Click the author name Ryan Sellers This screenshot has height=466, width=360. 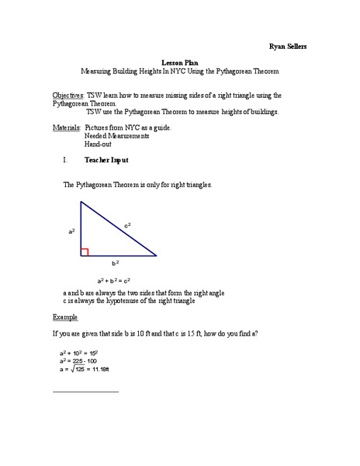pos(287,46)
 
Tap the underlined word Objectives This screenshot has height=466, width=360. pos(67,95)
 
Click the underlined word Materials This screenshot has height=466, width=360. pos(67,127)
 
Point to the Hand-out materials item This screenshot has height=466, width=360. pos(99,144)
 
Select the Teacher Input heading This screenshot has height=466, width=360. pos(106,160)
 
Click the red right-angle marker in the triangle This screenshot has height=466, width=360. pos(85,252)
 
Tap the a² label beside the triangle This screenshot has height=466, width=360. pos(71,231)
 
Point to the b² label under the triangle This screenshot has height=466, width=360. pos(116,264)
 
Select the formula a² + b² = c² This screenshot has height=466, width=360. pos(114,280)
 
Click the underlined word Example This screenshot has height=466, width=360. pos(65,317)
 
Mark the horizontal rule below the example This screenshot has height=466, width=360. pos(85,391)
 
